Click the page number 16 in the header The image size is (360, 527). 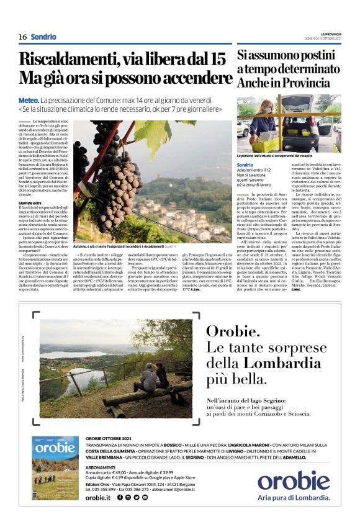22,37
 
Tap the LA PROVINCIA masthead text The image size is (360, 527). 330,34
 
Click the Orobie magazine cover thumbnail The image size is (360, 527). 55,476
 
